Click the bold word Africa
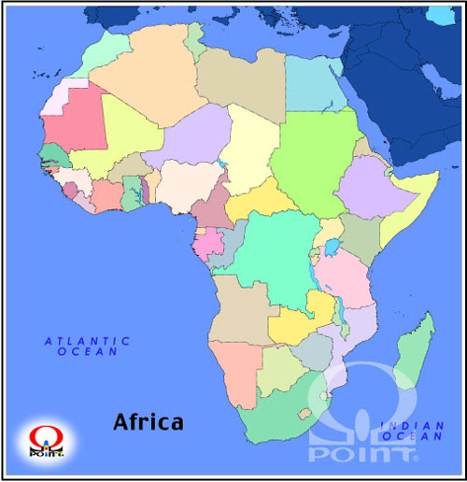(149, 421)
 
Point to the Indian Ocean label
(411, 432)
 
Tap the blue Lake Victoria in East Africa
(332, 248)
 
